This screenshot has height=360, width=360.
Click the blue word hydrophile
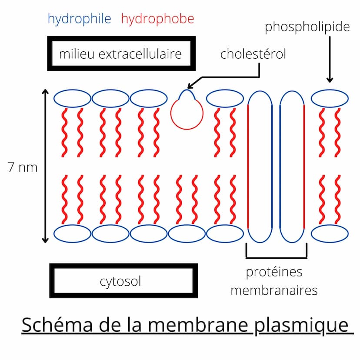click(79, 19)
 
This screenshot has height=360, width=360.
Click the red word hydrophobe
click(157, 19)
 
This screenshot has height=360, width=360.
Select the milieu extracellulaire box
click(120, 54)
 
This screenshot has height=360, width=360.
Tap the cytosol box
click(120, 281)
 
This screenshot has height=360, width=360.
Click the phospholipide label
click(307, 27)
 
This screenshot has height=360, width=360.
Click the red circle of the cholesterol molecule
click(187, 114)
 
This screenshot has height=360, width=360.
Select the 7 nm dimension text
click(23, 167)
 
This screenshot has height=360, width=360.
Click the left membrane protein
click(260, 167)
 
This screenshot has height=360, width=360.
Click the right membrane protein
click(292, 167)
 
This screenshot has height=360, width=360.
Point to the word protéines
click(274, 273)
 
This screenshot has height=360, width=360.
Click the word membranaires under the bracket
click(274, 290)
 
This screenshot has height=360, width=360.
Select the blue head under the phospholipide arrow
click(329, 99)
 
